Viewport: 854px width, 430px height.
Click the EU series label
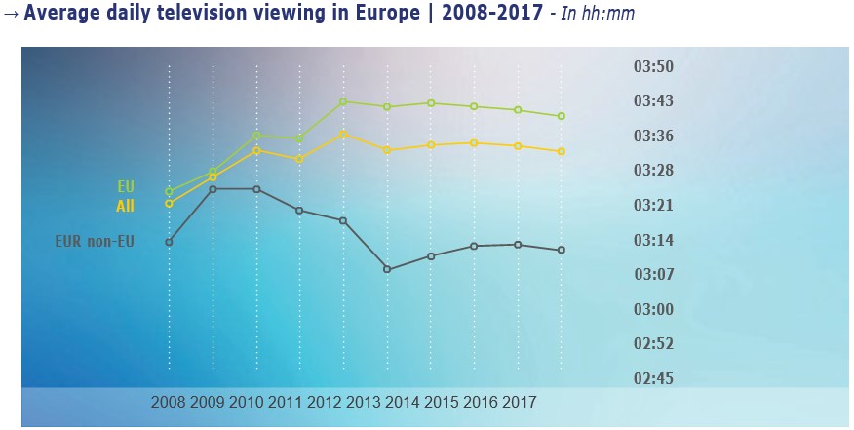pyautogui.click(x=126, y=185)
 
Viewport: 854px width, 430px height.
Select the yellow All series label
pyautogui.click(x=125, y=206)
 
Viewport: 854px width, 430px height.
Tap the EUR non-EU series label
pyautogui.click(x=95, y=241)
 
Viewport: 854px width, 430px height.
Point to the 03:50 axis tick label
pyautogui.click(x=653, y=67)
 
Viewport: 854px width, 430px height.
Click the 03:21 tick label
pyautogui.click(x=653, y=206)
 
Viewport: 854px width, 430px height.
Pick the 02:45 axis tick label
pyautogui.click(x=653, y=378)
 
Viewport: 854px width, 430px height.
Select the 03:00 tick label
pyautogui.click(x=653, y=309)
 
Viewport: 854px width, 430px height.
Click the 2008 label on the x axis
pyautogui.click(x=169, y=402)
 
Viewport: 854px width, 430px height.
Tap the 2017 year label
pyautogui.click(x=520, y=402)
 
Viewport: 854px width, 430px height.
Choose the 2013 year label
pyautogui.click(x=364, y=402)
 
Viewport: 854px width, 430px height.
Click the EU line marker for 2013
pyautogui.click(x=343, y=101)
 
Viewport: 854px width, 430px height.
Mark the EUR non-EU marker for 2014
pyautogui.click(x=387, y=269)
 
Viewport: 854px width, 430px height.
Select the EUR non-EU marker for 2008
pyautogui.click(x=169, y=242)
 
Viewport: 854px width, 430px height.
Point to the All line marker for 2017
pyautogui.click(x=562, y=151)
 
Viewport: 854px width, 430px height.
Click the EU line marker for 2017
pyautogui.click(x=562, y=116)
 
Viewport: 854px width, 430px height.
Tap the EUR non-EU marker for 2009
pyautogui.click(x=213, y=188)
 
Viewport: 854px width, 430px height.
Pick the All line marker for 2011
pyautogui.click(x=299, y=159)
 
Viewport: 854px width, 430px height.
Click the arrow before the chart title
pyautogui.click(x=11, y=15)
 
